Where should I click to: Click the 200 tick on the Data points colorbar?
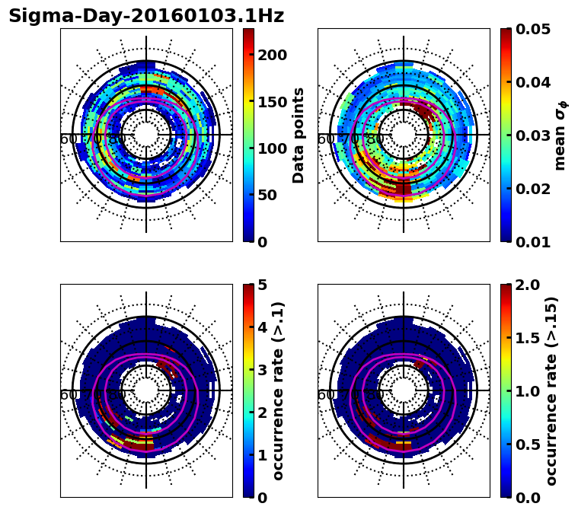[272, 55]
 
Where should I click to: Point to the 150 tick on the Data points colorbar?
[272, 102]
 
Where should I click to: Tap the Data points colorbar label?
[299, 135]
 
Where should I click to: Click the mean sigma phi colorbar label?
[560, 135]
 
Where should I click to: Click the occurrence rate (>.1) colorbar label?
[279, 391]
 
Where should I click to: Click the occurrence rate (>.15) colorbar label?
[551, 391]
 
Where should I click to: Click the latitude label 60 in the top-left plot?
[67, 139]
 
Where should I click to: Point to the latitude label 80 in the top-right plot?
[375, 139]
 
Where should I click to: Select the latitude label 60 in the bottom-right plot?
[324, 395]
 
